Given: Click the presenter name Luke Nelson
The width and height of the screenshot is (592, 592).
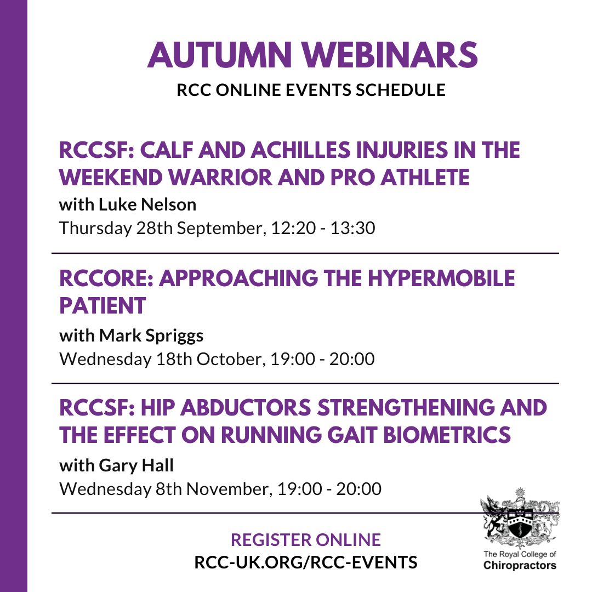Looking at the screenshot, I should pos(147,204).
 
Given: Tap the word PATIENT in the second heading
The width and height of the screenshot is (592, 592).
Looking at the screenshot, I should pos(103,305).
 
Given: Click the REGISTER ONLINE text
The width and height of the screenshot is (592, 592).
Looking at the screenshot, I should pos(305,539).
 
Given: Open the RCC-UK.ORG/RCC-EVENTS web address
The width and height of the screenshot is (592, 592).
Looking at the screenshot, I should pos(305,562).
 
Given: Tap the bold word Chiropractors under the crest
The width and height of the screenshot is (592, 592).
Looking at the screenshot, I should pos(520,566).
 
